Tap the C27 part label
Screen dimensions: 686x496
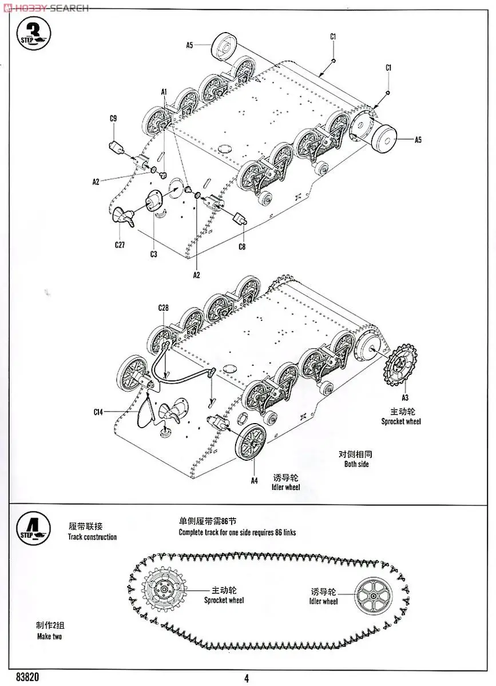click(x=120, y=245)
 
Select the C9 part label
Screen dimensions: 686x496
click(x=113, y=118)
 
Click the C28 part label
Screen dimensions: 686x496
click(x=164, y=308)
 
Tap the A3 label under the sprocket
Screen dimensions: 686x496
click(x=404, y=397)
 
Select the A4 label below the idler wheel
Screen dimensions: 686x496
click(x=255, y=481)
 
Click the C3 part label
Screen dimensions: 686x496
click(x=153, y=254)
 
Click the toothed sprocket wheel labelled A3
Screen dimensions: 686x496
click(x=402, y=366)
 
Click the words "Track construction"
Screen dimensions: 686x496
click(x=92, y=537)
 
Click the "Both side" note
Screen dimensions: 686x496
click(x=356, y=464)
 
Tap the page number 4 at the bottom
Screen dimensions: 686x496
click(x=247, y=679)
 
